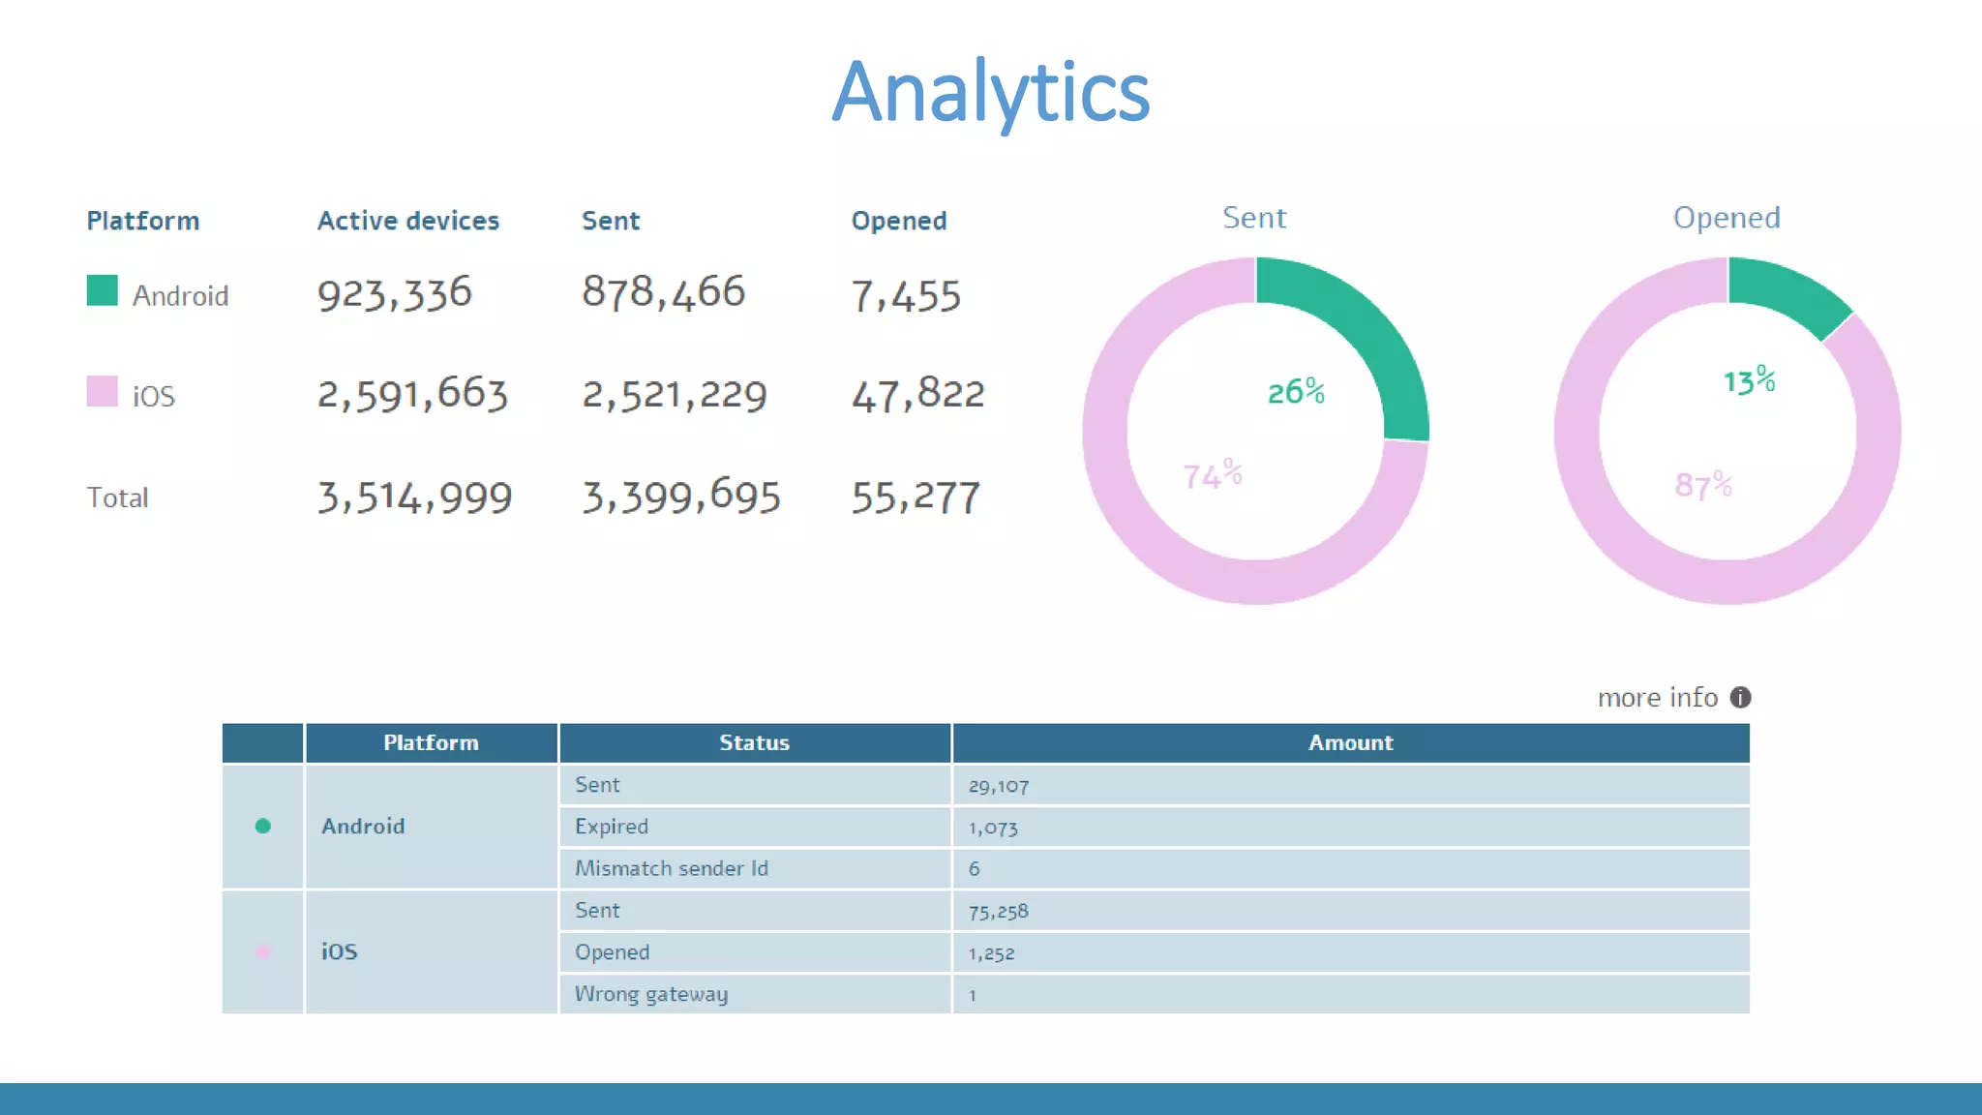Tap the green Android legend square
click(x=102, y=290)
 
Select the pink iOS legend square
click(x=102, y=391)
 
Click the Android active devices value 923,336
click(x=394, y=294)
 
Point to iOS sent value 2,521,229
click(x=674, y=395)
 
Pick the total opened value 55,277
click(x=916, y=497)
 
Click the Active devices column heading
click(x=407, y=221)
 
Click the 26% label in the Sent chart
click(x=1296, y=391)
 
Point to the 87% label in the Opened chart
click(x=1702, y=484)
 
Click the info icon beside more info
click(x=1740, y=697)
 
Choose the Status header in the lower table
click(x=754, y=742)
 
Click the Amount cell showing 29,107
click(x=999, y=786)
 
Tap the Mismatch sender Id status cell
click(x=671, y=868)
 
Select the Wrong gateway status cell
click(x=650, y=994)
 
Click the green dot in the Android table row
click(x=262, y=826)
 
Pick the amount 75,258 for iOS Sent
click(x=999, y=911)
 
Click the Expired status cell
click(x=611, y=827)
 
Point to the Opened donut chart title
click(x=1727, y=218)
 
